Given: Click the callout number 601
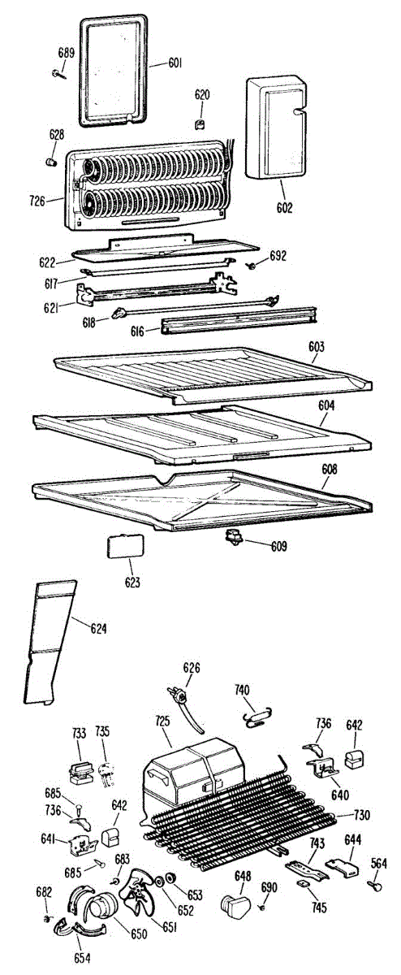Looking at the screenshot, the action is [175, 63].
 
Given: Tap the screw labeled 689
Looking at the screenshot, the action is [59, 74].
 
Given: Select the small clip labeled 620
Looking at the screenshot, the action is [200, 124].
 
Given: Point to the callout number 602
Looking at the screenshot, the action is [284, 208].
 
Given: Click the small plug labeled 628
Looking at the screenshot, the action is [52, 162].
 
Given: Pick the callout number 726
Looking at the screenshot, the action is [38, 201].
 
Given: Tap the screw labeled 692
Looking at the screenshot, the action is [252, 265].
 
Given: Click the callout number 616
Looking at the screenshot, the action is [137, 331].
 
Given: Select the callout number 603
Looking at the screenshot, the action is [317, 347].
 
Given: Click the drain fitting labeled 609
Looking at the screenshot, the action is [233, 537].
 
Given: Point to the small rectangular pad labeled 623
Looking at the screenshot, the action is [125, 546].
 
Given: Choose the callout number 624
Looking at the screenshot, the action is [98, 628].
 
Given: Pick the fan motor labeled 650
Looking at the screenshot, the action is [103, 903].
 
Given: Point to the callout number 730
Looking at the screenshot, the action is [361, 815].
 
